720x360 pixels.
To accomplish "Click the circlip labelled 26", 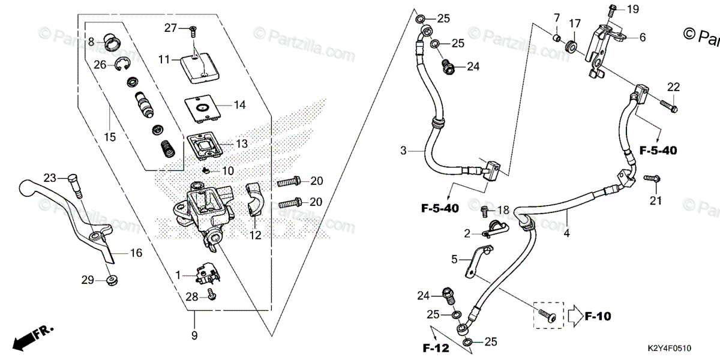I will pos(122,64).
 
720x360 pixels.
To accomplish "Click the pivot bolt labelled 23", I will pos(74,183).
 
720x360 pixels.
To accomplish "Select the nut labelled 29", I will pos(111,280).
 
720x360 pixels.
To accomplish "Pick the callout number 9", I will pos(194,337).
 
